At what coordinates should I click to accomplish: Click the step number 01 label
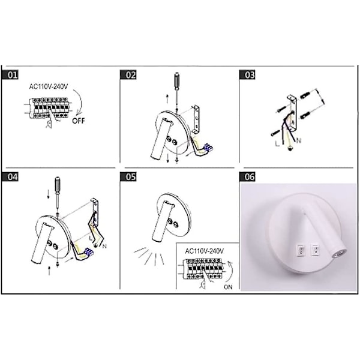(10, 75)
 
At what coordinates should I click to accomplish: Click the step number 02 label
(128, 75)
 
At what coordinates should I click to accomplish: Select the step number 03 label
(247, 75)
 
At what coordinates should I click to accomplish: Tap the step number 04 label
(10, 177)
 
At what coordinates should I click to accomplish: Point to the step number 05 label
(128, 177)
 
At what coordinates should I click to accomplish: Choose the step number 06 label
(247, 177)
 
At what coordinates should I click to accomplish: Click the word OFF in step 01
(79, 121)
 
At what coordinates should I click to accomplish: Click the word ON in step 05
(228, 287)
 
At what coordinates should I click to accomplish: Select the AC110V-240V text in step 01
(49, 87)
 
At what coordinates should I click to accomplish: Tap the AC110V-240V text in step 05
(205, 251)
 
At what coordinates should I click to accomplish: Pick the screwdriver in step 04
(58, 195)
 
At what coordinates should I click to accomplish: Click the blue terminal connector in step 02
(208, 147)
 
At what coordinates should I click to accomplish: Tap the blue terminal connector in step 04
(89, 251)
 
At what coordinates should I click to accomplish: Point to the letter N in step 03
(298, 140)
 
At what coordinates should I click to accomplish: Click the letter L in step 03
(278, 144)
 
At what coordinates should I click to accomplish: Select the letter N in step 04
(104, 247)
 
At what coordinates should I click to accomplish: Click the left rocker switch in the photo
(301, 250)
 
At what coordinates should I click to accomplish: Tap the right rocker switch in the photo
(315, 250)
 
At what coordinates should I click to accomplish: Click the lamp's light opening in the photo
(340, 254)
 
